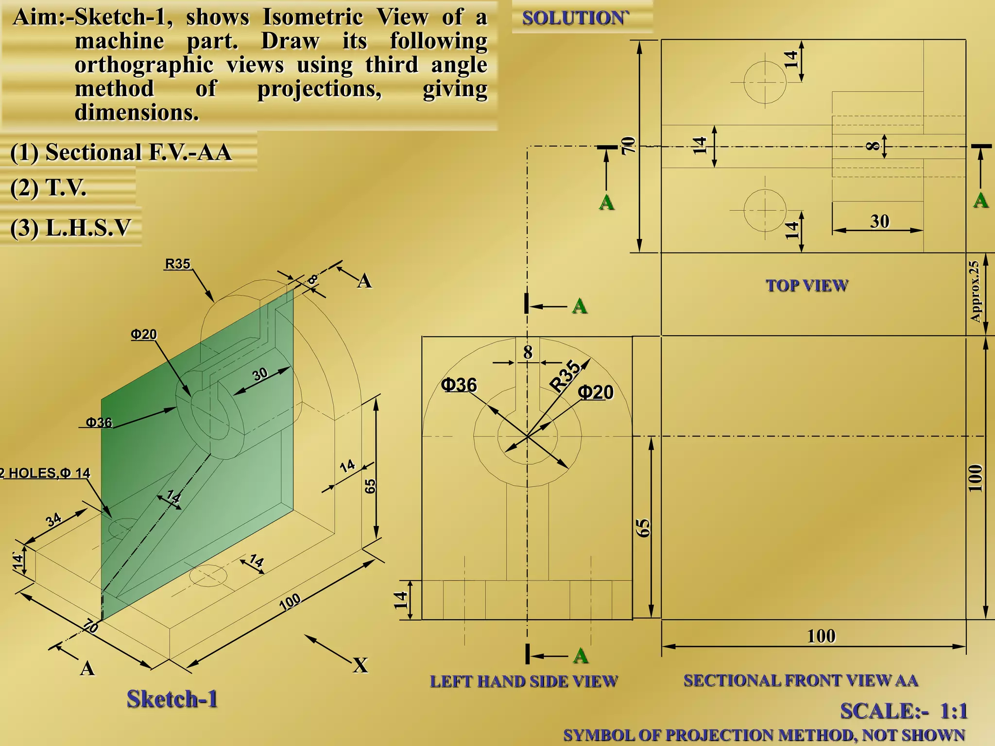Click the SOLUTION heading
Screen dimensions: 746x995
(x=574, y=18)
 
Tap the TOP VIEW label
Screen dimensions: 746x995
(x=807, y=286)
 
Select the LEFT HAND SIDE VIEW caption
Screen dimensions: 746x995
(x=523, y=681)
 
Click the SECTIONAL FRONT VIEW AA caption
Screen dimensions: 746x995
(x=800, y=680)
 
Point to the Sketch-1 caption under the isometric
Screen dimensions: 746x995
(x=172, y=699)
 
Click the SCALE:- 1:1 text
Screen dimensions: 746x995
(x=903, y=711)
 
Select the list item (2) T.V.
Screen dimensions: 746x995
(x=48, y=187)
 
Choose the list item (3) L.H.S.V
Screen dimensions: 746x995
(x=70, y=227)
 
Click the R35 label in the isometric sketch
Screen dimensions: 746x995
(x=177, y=264)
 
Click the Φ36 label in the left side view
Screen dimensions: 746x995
(x=459, y=385)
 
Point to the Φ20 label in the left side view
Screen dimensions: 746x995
(x=596, y=392)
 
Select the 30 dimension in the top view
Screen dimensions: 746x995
(x=879, y=221)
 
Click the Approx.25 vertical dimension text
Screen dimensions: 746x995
(x=975, y=291)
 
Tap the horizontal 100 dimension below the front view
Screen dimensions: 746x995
(x=821, y=636)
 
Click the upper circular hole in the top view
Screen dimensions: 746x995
(x=765, y=82)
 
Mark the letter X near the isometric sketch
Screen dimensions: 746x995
(x=360, y=665)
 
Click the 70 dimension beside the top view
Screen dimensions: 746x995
(x=628, y=145)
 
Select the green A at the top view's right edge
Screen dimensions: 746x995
(x=980, y=200)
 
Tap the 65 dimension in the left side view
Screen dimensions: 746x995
(x=642, y=528)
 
